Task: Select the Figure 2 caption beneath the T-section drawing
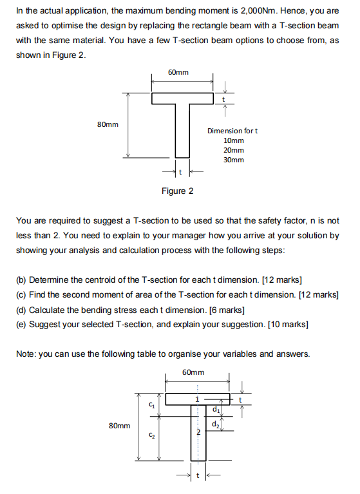click(x=178, y=191)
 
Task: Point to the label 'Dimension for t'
click(x=232, y=131)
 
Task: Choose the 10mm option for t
click(x=233, y=140)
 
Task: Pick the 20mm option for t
click(x=233, y=149)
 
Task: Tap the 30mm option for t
click(x=233, y=159)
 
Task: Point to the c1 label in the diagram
click(x=151, y=404)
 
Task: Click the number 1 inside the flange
click(x=198, y=399)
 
